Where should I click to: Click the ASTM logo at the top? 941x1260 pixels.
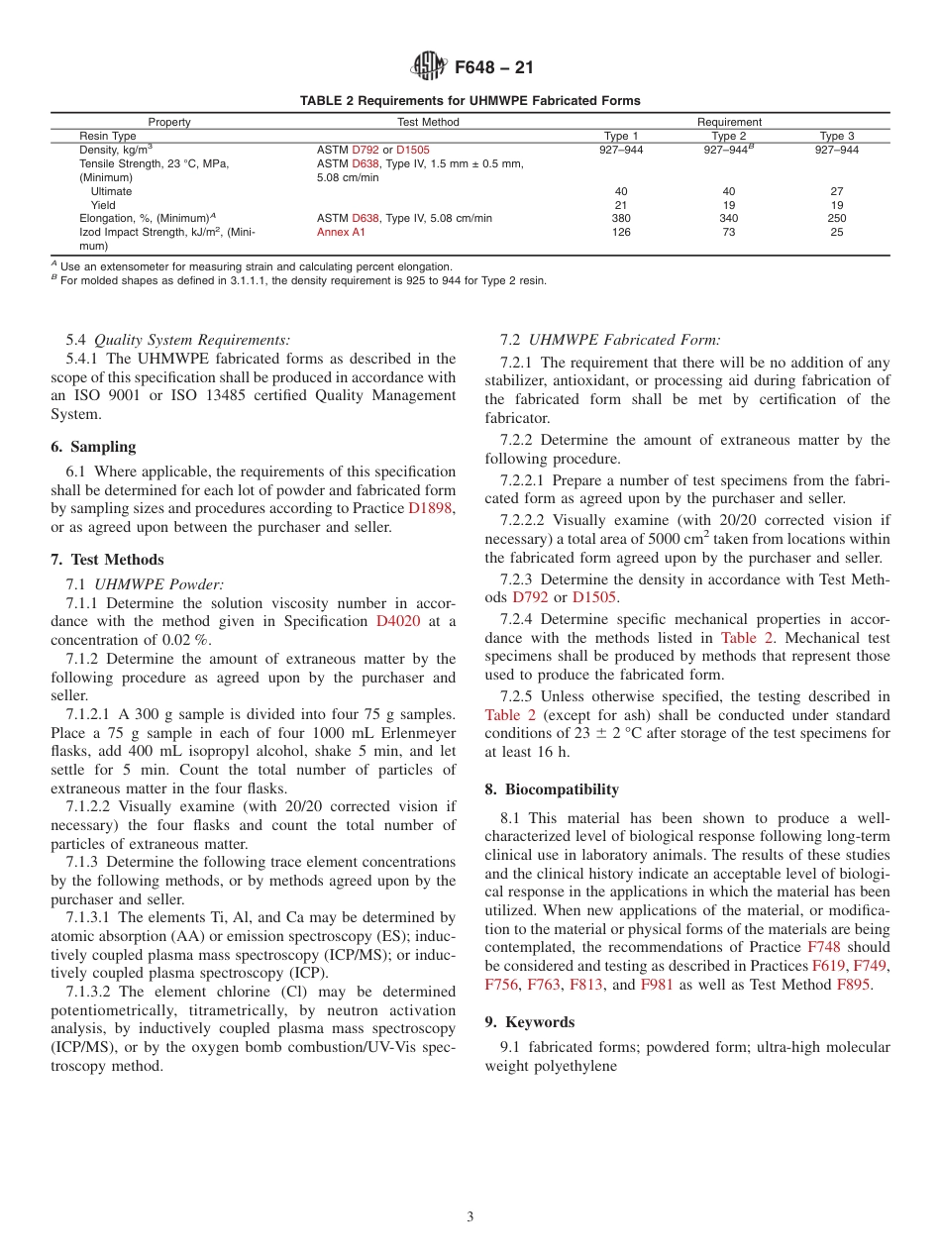(x=429, y=67)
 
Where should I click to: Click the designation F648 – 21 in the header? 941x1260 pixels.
(x=493, y=68)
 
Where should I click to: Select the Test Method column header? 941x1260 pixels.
(x=428, y=122)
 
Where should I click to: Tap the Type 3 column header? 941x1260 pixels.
(x=836, y=136)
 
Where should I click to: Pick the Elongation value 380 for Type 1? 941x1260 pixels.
(x=621, y=218)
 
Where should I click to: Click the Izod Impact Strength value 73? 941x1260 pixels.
(x=729, y=232)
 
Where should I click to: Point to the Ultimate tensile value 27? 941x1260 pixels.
(x=836, y=191)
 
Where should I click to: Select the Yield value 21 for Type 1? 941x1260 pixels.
(x=621, y=205)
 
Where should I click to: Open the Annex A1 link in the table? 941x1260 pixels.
(x=341, y=232)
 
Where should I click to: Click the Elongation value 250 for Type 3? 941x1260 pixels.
(x=836, y=218)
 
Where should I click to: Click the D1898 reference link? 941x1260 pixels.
(x=432, y=508)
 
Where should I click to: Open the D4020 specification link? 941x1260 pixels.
(x=396, y=621)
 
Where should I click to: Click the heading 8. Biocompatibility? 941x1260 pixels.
(x=552, y=789)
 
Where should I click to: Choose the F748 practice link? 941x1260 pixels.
(x=823, y=947)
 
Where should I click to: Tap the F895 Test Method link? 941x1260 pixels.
(x=854, y=985)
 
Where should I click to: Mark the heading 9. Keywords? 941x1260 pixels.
(x=530, y=1021)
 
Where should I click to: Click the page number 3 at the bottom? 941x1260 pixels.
(x=470, y=1217)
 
